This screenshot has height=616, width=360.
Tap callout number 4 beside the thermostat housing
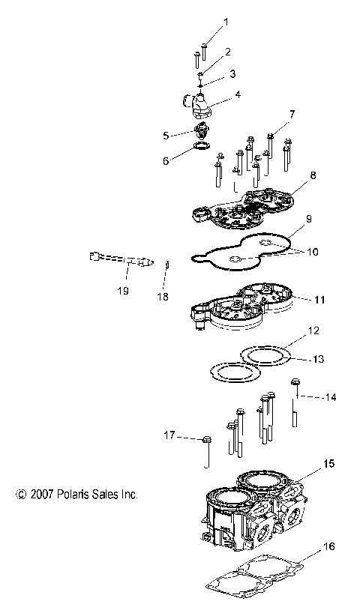click(x=238, y=94)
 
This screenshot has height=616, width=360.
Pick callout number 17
click(x=170, y=435)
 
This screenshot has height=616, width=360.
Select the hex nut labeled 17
click(x=208, y=441)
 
